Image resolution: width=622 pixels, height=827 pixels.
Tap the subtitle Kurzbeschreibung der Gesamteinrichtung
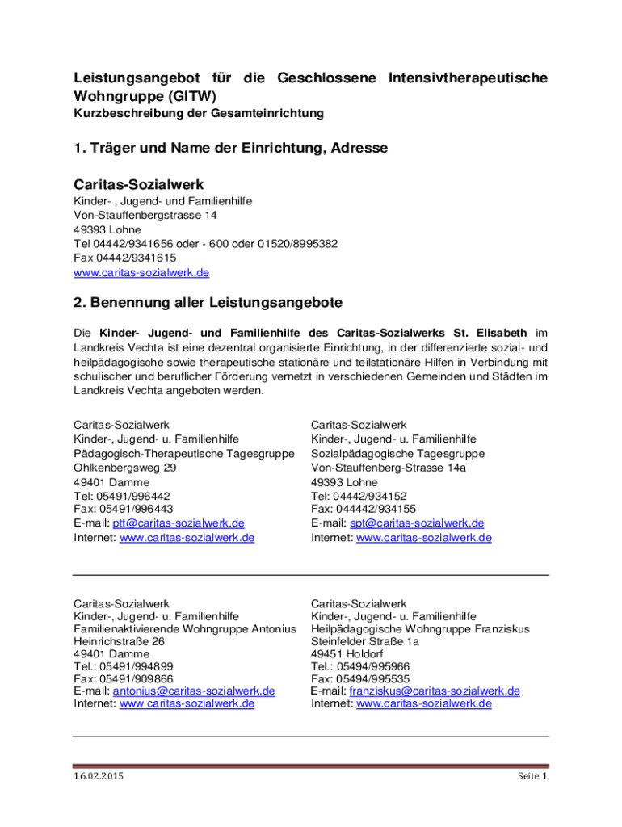pos(199,114)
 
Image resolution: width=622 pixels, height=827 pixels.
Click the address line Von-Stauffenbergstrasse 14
pos(145,216)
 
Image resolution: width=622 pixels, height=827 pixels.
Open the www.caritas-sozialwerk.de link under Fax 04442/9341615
pos(141,272)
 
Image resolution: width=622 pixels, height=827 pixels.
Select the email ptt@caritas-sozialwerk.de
pos(179,523)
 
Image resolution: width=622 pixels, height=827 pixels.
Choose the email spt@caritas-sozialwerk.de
pos(417,523)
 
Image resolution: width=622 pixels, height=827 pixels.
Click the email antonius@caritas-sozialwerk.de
pos(194,691)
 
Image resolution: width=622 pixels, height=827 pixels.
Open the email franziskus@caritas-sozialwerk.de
pos(435,691)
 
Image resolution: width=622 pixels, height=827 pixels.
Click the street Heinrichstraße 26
pos(120,640)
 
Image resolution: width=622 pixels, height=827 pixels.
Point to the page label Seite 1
pos(532,777)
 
